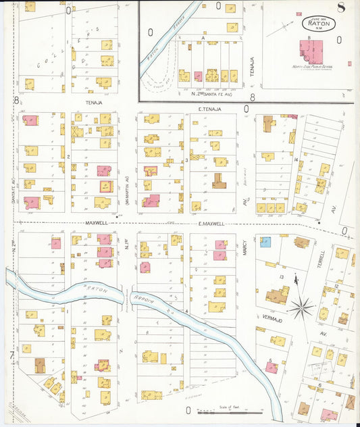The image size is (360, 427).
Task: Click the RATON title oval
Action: click(317, 24)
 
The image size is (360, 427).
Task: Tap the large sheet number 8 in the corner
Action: click(342, 9)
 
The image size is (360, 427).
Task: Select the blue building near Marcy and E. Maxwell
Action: click(265, 242)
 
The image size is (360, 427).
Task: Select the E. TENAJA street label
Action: click(210, 108)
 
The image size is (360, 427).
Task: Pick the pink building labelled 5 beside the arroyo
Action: click(272, 368)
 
